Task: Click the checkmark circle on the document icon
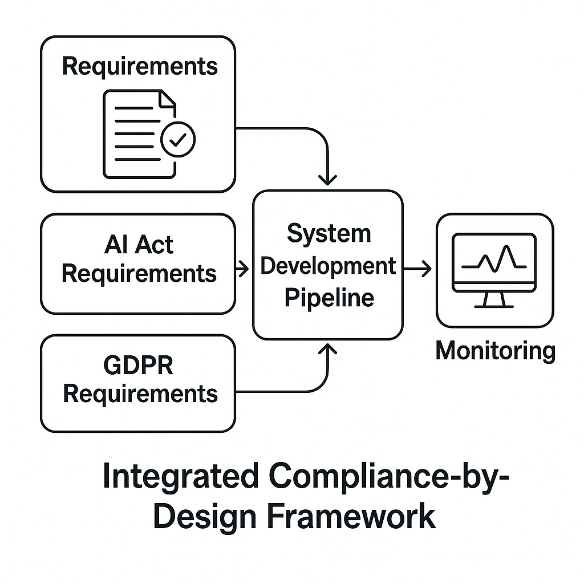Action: [x=178, y=138]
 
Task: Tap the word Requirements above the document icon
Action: [x=140, y=66]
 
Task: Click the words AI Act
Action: [x=139, y=245]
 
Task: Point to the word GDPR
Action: [x=139, y=365]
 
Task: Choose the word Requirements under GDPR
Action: [x=140, y=394]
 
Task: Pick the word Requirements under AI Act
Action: [x=139, y=274]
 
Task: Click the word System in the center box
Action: [x=328, y=233]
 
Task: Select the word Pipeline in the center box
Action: [x=330, y=298]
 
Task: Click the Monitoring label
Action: [x=495, y=351]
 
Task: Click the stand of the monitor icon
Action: [x=494, y=299]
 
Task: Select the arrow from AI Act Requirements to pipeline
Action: [x=242, y=269]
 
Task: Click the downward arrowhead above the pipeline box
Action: [x=328, y=179]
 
